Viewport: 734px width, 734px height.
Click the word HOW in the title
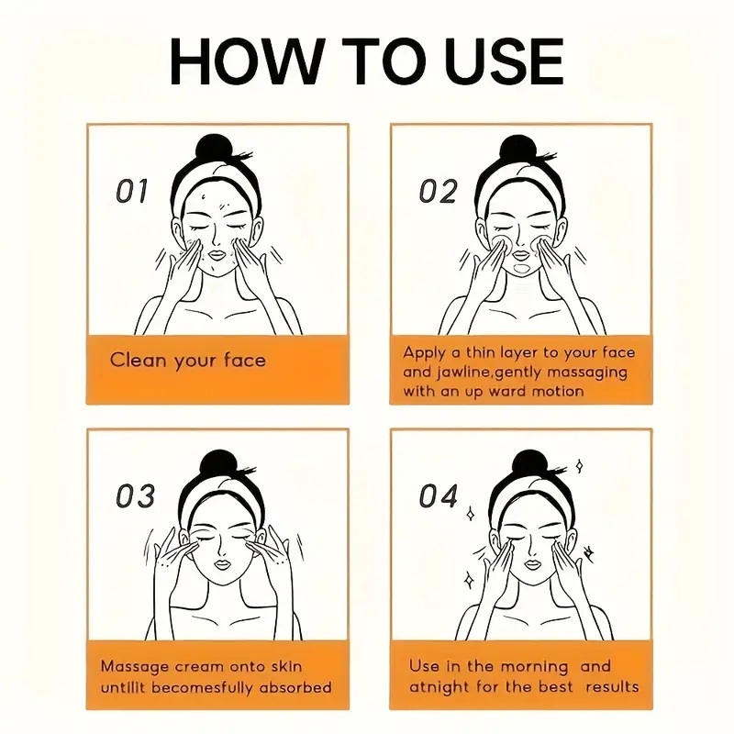click(x=247, y=61)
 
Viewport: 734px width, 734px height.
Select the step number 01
click(x=131, y=191)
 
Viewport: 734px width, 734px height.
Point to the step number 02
click(x=438, y=191)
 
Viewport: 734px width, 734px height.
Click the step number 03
click(x=135, y=496)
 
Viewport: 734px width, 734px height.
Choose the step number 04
click(x=439, y=496)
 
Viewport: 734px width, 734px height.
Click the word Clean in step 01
click(x=139, y=360)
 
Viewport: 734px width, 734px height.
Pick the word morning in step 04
click(x=534, y=667)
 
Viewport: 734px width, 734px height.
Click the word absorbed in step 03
click(x=295, y=687)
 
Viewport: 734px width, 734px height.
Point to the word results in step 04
click(x=612, y=687)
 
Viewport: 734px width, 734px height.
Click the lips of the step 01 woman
click(x=217, y=255)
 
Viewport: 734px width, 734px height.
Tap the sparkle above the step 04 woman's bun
click(x=580, y=466)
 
